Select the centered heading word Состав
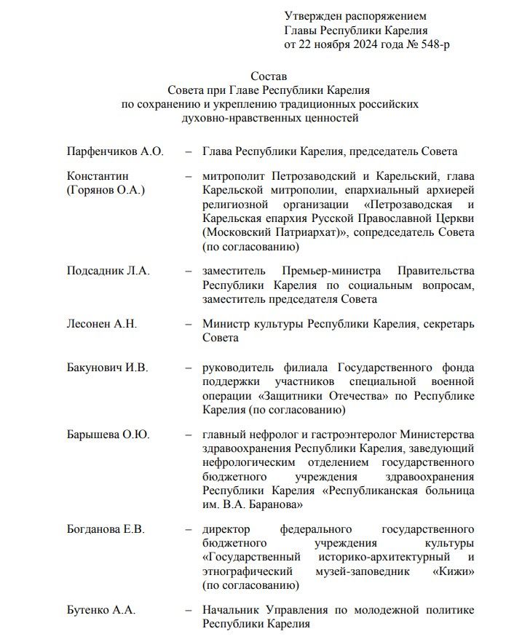[x=269, y=76]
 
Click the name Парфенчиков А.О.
[x=115, y=151]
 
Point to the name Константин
[x=98, y=177]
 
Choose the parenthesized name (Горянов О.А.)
[x=106, y=190]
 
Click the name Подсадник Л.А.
[x=108, y=271]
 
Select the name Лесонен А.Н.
[x=102, y=324]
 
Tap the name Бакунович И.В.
[x=107, y=368]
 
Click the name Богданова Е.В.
[x=106, y=529]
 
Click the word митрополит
[x=234, y=177]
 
